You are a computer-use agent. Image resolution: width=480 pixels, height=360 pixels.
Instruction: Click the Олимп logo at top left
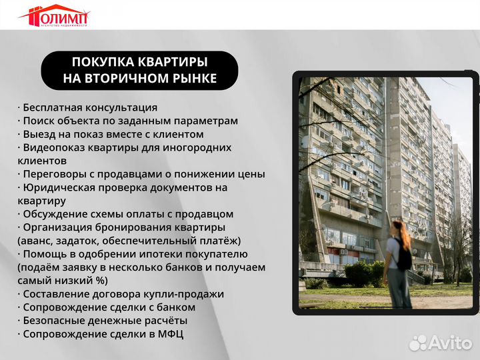pos(54,15)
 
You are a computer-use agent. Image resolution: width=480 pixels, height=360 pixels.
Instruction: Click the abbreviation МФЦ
pos(169,334)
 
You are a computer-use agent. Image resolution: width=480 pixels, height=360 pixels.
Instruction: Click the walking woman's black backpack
pos(403,257)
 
